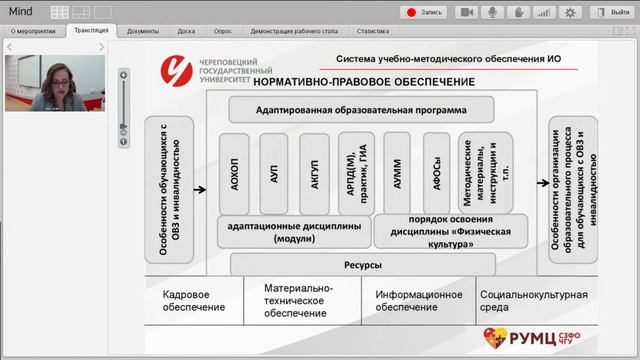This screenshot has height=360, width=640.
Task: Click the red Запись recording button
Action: [424, 12]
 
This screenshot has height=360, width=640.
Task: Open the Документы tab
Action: [142, 31]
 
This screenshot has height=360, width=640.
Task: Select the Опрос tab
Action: [222, 31]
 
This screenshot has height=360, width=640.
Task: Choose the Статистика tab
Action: [371, 31]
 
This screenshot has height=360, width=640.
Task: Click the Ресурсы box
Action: [363, 265]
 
